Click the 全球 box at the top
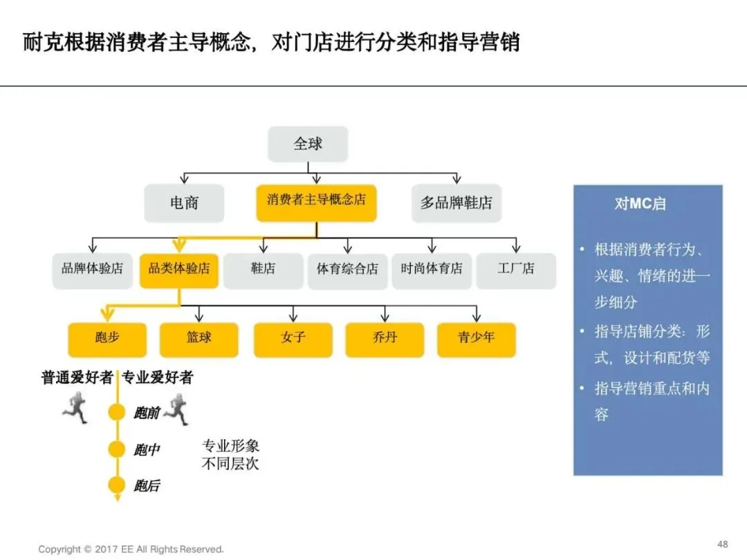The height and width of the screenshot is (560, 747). click(x=308, y=144)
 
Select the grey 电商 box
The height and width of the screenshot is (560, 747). click(x=184, y=203)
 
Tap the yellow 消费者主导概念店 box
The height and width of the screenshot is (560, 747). click(x=316, y=201)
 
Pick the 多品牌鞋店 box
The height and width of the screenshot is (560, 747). click(x=456, y=203)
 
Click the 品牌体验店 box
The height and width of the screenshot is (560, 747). click(x=92, y=269)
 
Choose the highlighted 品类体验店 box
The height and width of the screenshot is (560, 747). click(x=179, y=269)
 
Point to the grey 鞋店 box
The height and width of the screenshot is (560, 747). click(x=263, y=269)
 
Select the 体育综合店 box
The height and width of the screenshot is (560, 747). click(x=347, y=269)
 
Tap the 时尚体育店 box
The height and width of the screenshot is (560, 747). click(x=432, y=269)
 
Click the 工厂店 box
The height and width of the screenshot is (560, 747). click(x=516, y=269)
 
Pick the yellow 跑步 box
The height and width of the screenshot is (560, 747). click(x=107, y=339)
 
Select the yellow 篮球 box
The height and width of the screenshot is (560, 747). click(x=199, y=339)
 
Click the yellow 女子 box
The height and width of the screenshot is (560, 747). click(x=293, y=339)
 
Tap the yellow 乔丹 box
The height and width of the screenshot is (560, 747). click(x=385, y=339)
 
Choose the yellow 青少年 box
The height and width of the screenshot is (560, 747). click(x=477, y=339)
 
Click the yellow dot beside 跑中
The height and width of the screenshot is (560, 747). click(x=117, y=449)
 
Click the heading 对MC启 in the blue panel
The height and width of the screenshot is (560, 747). click(x=640, y=205)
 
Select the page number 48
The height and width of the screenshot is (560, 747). click(x=723, y=543)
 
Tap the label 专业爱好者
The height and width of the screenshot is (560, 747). click(x=158, y=377)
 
